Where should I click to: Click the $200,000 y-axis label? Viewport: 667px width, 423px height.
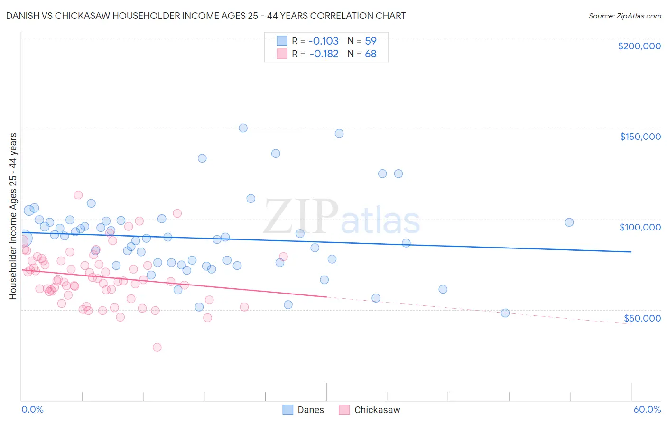point(639,46)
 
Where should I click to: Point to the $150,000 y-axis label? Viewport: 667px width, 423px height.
point(640,137)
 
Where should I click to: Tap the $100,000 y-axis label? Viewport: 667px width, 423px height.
point(640,227)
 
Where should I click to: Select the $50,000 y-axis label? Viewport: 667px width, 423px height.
point(642,318)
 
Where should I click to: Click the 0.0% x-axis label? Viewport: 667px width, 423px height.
point(32,409)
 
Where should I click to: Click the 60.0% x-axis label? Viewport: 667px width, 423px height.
point(647,409)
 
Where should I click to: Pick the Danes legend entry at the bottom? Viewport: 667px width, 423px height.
point(303,410)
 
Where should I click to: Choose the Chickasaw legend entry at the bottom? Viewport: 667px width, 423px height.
point(370,410)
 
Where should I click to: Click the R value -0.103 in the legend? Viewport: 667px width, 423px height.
point(324,41)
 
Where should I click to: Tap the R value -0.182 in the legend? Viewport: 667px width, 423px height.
point(324,54)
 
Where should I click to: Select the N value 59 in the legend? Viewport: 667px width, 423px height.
point(371,41)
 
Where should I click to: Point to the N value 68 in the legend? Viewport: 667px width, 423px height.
point(371,54)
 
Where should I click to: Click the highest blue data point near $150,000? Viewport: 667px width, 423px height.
point(243,128)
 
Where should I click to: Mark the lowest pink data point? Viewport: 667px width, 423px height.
point(157,347)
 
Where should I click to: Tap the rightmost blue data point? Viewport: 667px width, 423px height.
point(569,222)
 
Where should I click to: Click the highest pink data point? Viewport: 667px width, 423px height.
point(78,195)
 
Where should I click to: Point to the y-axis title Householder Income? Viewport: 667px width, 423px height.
point(13,216)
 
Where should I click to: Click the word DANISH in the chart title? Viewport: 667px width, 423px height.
point(22,16)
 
